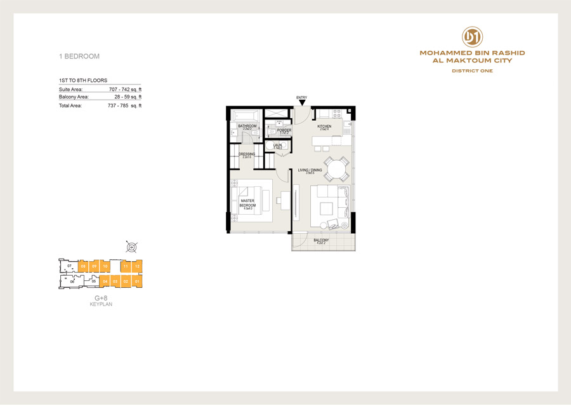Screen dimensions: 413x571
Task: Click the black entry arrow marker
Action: (x=302, y=102)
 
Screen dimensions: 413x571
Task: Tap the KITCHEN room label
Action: (x=324, y=126)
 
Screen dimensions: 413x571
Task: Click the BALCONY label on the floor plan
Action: (x=320, y=240)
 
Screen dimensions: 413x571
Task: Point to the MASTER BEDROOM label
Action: (x=247, y=204)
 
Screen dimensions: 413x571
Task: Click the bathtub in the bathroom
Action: (x=246, y=116)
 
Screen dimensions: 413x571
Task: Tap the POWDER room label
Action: (x=284, y=130)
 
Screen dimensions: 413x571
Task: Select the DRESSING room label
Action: (x=247, y=154)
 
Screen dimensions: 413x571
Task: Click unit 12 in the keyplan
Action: (x=138, y=266)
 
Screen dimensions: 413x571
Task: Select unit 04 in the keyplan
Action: (x=105, y=280)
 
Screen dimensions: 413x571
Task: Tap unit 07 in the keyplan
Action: (x=69, y=265)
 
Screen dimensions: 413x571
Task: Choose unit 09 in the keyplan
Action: (x=83, y=266)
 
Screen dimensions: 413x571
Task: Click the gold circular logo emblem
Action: (x=471, y=36)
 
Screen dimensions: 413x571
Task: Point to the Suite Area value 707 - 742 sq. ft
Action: (x=125, y=89)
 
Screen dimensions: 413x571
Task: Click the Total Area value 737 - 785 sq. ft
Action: (x=125, y=105)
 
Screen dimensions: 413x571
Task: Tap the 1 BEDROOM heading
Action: (x=79, y=57)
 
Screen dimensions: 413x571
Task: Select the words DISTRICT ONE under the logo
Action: (x=472, y=71)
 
